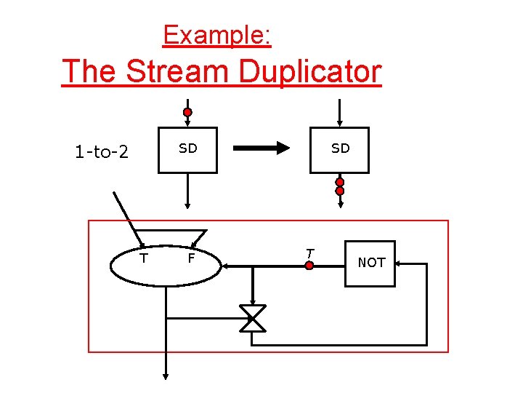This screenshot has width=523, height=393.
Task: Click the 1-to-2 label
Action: click(102, 152)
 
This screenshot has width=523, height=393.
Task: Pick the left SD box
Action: click(188, 150)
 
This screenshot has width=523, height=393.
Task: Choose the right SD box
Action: click(339, 150)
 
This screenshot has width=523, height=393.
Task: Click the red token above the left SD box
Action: click(187, 113)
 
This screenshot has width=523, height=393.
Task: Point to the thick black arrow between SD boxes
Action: click(261, 148)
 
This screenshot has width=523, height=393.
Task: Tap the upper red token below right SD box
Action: click(339, 182)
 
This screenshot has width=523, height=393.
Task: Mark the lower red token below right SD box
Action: click(339, 191)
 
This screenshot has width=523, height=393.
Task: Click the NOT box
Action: click(371, 263)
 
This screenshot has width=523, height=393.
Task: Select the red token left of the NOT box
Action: click(309, 266)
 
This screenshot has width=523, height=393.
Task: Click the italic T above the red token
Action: click(309, 253)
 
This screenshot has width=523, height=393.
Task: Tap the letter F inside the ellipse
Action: click(191, 258)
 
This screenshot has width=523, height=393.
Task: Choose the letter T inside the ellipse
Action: click(144, 258)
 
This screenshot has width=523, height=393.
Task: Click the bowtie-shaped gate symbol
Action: click(253, 319)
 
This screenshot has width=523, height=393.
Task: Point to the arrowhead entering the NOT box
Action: click(400, 264)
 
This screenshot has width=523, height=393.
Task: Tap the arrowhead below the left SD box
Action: click(187, 205)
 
